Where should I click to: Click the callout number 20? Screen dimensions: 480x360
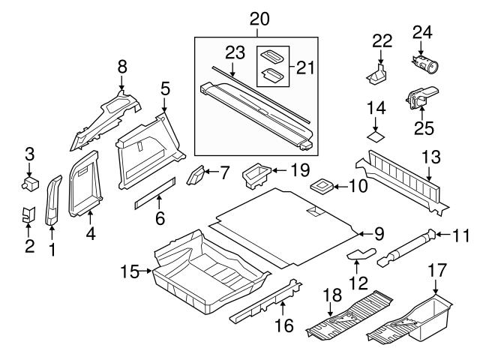(259, 19)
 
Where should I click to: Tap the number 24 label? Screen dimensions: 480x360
(422, 32)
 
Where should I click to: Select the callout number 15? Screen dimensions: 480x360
(130, 271)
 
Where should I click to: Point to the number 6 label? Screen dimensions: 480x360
(160, 218)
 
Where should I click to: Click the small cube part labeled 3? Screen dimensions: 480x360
(30, 184)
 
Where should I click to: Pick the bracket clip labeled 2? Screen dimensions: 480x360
(28, 214)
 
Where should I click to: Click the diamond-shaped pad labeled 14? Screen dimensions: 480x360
(376, 136)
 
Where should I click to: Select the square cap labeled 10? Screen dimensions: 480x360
(322, 186)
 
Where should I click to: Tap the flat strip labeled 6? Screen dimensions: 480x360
(155, 193)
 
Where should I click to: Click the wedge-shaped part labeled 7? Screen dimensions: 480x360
(195, 175)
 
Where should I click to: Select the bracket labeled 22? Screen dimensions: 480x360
(376, 74)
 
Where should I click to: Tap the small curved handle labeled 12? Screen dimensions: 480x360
(361, 254)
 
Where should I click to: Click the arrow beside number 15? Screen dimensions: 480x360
(145, 271)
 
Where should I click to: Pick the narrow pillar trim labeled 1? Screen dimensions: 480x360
(53, 200)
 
